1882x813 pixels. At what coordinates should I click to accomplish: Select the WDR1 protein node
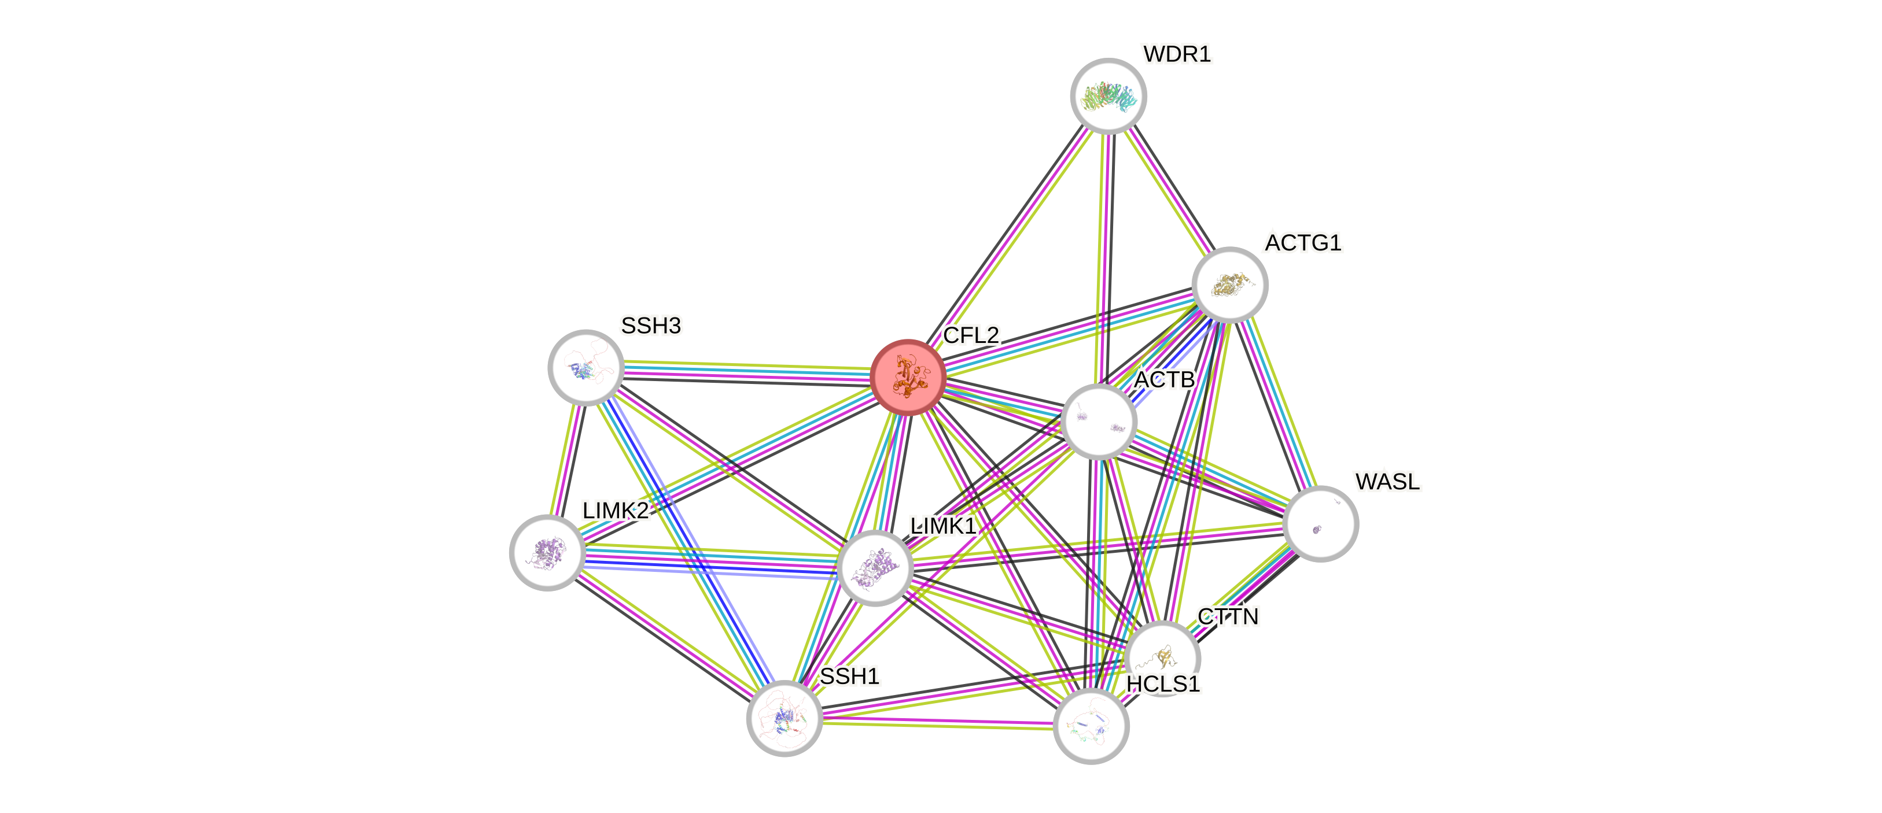(1108, 95)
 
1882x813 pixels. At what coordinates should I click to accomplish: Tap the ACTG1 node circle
(1229, 285)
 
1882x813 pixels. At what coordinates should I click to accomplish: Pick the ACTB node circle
(1099, 422)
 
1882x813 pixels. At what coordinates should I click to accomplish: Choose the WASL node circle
(1320, 524)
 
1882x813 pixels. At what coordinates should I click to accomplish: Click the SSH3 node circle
(586, 367)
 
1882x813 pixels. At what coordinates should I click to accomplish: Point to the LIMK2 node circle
(547, 552)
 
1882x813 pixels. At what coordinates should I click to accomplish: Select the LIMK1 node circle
(875, 568)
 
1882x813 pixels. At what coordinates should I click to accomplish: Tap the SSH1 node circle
(785, 718)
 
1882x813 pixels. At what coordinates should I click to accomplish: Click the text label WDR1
(1177, 54)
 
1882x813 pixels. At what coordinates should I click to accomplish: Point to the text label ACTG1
(1303, 242)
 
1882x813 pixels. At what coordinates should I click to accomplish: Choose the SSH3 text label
(651, 326)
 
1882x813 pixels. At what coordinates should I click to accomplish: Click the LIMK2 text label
(615, 511)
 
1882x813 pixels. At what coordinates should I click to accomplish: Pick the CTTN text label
(1229, 617)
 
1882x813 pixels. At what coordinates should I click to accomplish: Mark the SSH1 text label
(850, 677)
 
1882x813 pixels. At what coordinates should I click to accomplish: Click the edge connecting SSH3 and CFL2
(745, 372)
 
